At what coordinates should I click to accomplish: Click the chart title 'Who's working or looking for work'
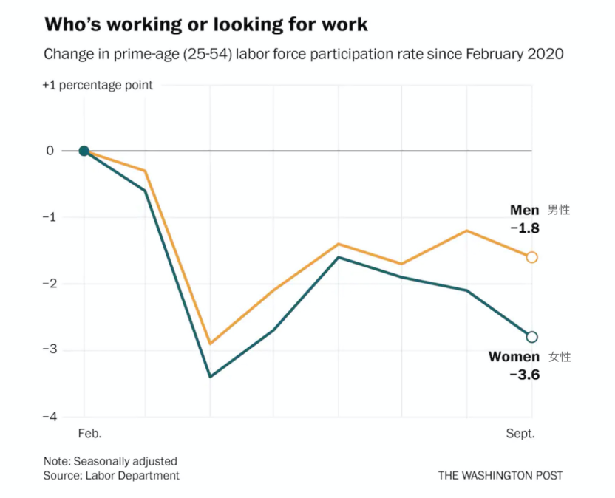click(x=205, y=24)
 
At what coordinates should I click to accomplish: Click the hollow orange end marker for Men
click(x=531, y=257)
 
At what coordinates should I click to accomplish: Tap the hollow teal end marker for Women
click(x=531, y=337)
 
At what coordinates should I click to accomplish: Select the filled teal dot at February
click(x=84, y=151)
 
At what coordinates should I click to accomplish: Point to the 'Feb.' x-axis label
click(x=89, y=434)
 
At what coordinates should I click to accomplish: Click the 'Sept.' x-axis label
click(x=520, y=434)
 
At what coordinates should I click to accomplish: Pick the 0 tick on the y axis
click(x=50, y=151)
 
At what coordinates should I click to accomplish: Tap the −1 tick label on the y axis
click(x=48, y=217)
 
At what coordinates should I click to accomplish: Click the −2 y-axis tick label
click(x=48, y=284)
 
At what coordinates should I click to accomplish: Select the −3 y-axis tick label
click(x=48, y=350)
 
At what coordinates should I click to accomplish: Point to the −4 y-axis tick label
click(x=48, y=417)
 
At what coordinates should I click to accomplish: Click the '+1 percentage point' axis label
click(x=98, y=85)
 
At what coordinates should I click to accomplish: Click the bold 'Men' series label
click(x=524, y=211)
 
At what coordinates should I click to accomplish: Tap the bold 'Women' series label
click(x=514, y=357)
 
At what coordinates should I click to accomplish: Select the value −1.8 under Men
click(x=525, y=228)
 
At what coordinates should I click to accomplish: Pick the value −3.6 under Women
click(x=525, y=375)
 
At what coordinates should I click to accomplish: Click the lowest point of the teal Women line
click(x=211, y=377)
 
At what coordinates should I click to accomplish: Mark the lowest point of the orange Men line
click(x=211, y=344)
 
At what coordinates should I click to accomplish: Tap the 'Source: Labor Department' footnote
click(x=111, y=476)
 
